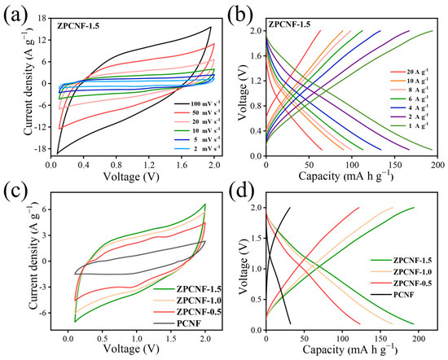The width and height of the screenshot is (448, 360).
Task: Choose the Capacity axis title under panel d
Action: tap(347, 352)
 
